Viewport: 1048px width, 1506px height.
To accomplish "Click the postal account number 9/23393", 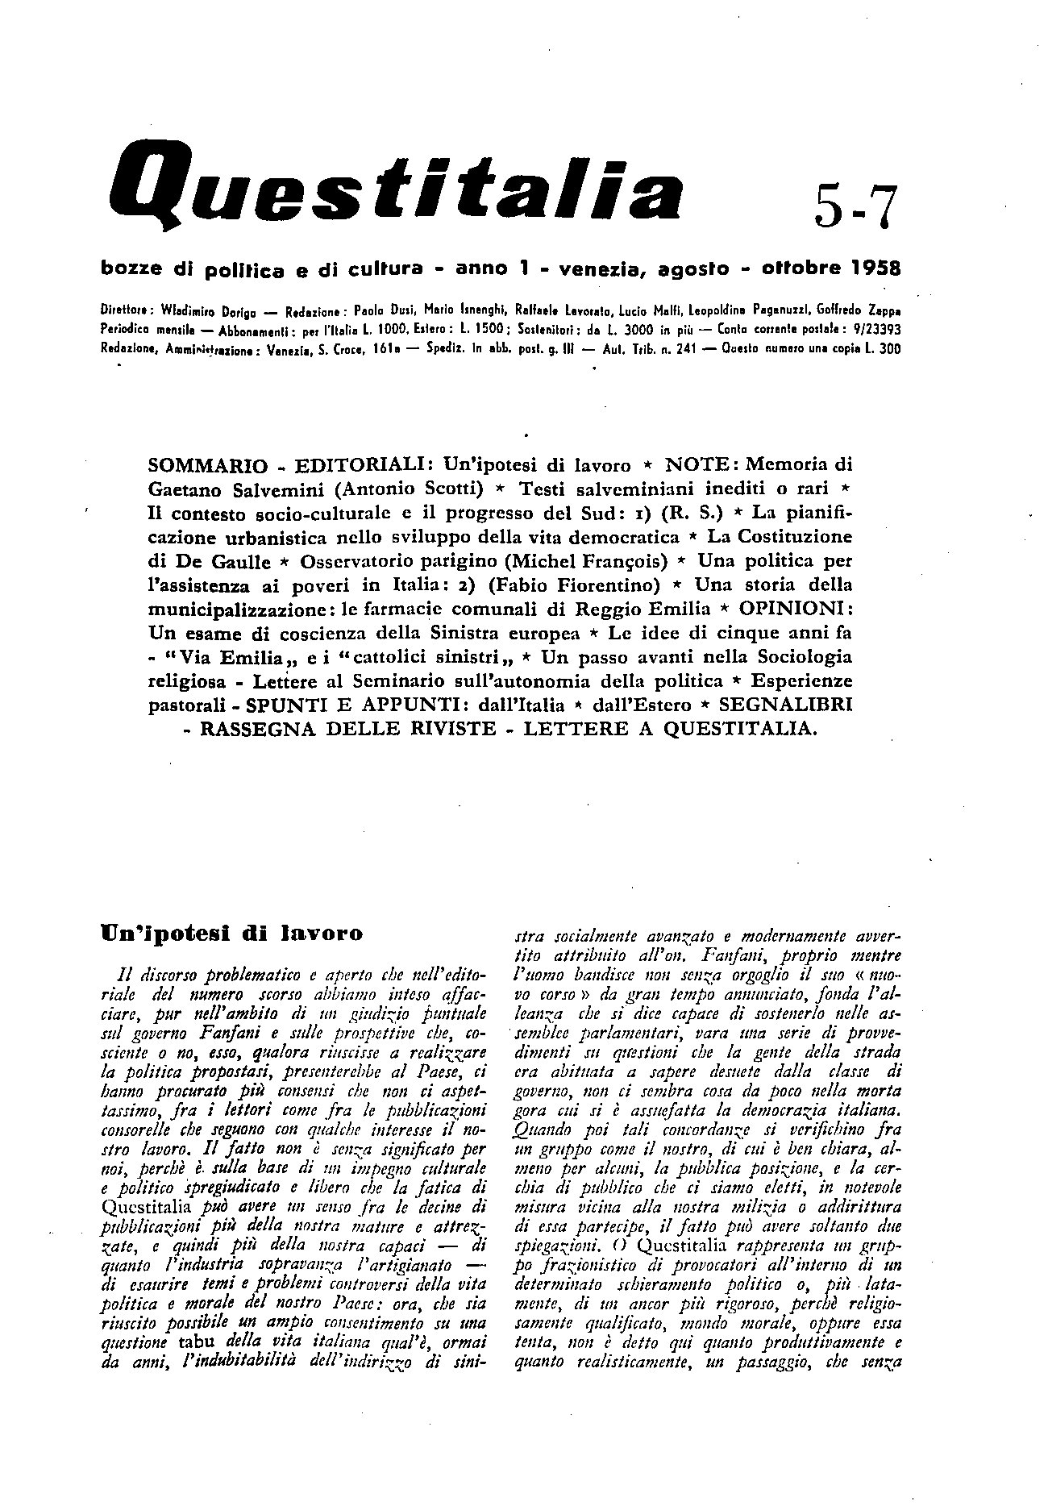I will (873, 329).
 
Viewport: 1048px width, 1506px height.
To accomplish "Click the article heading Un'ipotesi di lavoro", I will (231, 934).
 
